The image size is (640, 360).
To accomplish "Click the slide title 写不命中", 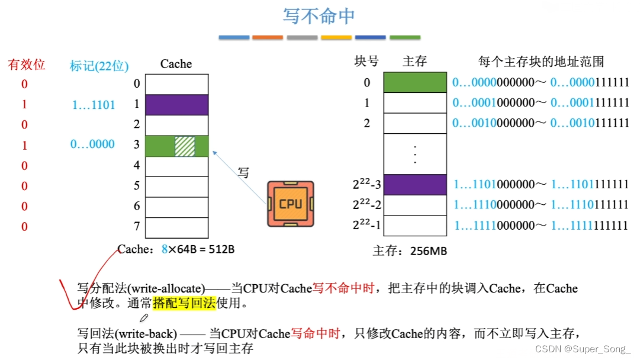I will coord(319,17).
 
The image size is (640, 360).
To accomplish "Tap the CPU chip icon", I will coord(290,204).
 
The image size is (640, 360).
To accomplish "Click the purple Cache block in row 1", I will coord(176,105).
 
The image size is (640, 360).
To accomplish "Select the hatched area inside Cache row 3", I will coord(184,146).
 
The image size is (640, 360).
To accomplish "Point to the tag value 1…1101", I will coord(94,105).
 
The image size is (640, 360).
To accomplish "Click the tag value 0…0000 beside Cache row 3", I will coord(92,144).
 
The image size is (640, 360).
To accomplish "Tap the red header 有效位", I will coord(27,65).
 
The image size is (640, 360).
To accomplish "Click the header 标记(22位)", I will coord(99,66).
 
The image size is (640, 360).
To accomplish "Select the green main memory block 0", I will coord(415,82).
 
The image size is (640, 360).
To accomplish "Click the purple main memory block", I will coord(415,184).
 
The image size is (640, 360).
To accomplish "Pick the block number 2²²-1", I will coord(366,225).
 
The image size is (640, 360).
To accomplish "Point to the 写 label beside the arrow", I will coord(243,173).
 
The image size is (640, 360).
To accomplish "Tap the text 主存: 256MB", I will coord(410,251).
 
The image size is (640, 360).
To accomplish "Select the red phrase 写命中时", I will coord(315,333).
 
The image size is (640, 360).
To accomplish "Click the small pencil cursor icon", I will coord(144,318).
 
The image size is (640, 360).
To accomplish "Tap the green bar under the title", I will coord(405,37).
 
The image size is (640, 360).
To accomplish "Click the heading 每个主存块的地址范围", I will coord(541,62).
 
